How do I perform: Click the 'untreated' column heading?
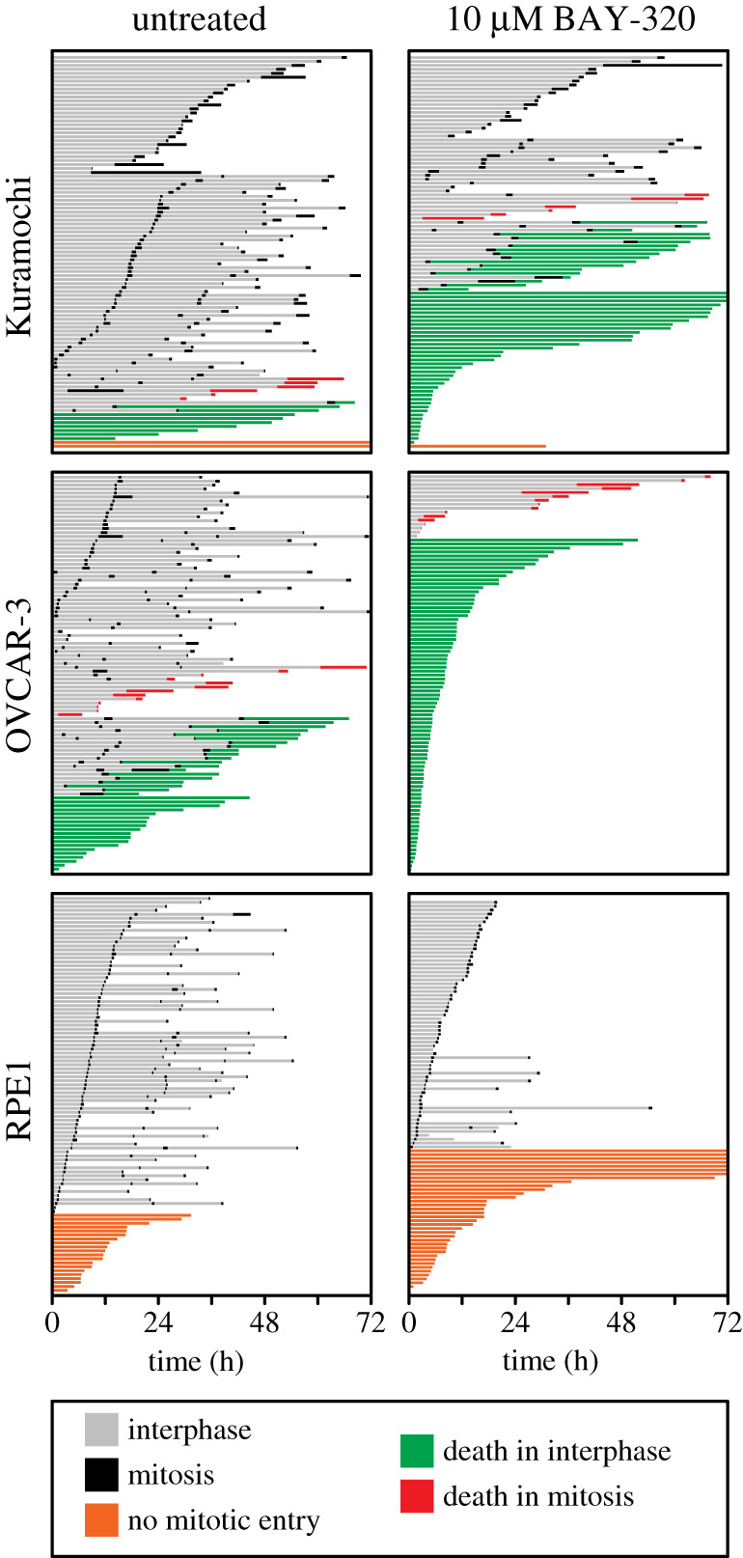[x=199, y=20]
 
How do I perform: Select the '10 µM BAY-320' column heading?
[x=570, y=20]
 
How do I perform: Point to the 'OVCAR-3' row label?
[x=20, y=673]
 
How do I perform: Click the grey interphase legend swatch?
[x=101, y=1430]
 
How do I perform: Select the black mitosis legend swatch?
[x=101, y=1475]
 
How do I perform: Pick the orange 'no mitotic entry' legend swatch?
[x=101, y=1520]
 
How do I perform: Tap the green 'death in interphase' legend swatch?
[x=417, y=1451]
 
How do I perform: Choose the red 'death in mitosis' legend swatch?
[x=417, y=1496]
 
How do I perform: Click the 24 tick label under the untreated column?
[x=158, y=1322]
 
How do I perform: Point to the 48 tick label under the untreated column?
[x=265, y=1322]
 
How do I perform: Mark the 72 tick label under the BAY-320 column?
[x=726, y=1322]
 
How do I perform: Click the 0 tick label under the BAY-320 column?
[x=410, y=1322]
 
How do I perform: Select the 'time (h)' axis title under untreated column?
[x=196, y=1361]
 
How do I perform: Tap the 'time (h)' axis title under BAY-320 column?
[x=550, y=1361]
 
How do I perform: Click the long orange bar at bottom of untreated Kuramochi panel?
[x=210, y=444]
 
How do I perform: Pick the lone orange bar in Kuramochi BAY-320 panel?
[x=478, y=446]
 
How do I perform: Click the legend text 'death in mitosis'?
[x=538, y=1496]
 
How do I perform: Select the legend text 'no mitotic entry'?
[x=223, y=1521]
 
